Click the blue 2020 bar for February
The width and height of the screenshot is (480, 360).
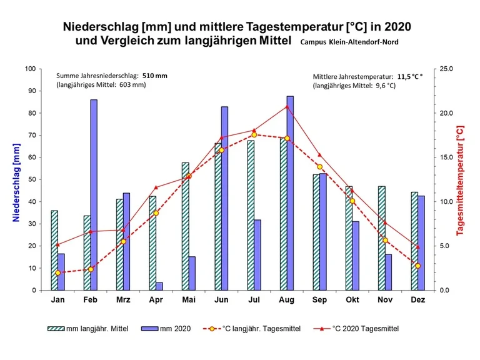pos(94,195)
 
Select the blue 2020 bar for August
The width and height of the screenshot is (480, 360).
pos(290,193)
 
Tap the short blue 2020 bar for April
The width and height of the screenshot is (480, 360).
pos(159,286)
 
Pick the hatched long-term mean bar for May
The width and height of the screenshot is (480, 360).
pos(185,226)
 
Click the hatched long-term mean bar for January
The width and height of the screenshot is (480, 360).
pos(54,250)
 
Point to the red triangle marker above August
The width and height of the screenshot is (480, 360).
pos(287,107)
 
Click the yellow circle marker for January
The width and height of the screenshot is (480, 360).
pos(57,272)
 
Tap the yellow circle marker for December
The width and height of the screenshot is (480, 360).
pos(418,266)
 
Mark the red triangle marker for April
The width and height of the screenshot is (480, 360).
pos(156,187)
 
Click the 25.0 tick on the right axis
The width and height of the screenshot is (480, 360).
pos(446,69)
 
